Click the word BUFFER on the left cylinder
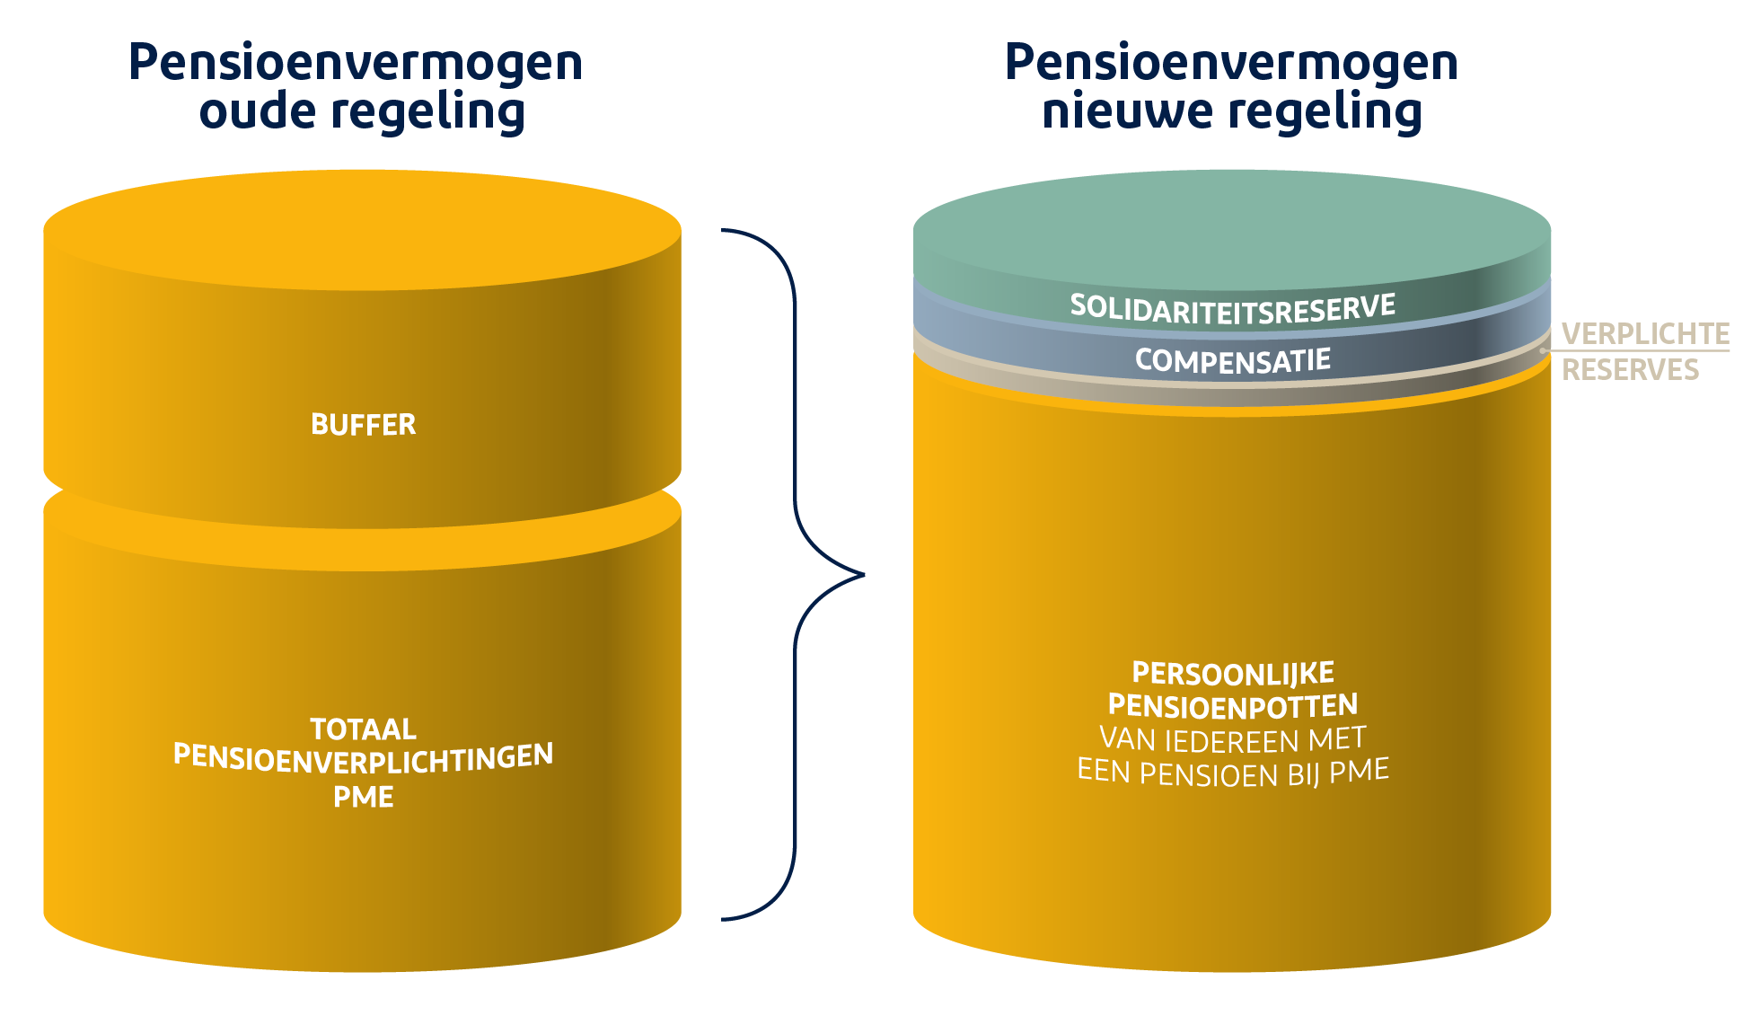363,424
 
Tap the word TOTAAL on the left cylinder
363,728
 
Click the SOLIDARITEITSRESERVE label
1232,308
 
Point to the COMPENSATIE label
1232,360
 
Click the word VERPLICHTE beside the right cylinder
1645,334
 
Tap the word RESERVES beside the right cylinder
1630,369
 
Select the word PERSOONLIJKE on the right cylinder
1232,673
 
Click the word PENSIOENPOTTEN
1232,706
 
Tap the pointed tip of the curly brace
863,574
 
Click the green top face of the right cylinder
1232,230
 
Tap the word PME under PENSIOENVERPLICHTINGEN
363,797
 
